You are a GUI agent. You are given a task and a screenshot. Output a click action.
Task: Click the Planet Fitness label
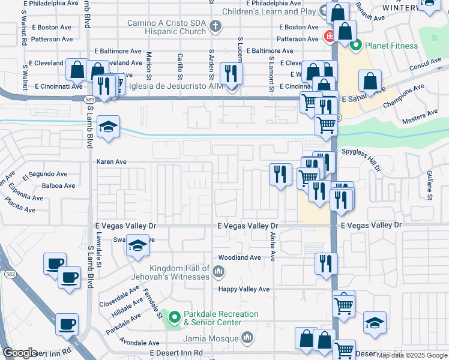click(392, 46)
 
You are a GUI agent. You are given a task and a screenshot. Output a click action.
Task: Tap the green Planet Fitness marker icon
click(355, 44)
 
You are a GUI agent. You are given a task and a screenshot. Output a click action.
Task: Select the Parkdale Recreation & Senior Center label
click(221, 318)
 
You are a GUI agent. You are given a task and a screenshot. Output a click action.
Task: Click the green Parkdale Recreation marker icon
click(175, 317)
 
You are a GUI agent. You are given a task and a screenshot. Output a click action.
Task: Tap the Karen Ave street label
click(112, 162)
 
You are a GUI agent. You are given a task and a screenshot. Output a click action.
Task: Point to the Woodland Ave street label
click(240, 257)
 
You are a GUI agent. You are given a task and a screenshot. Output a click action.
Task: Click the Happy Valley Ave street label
click(243, 289)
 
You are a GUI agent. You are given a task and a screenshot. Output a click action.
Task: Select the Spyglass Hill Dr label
click(361, 152)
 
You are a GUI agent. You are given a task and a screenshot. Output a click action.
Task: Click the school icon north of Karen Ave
click(108, 127)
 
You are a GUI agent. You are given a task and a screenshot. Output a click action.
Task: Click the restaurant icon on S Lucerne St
click(231, 74)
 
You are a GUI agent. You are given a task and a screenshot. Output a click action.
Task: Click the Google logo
click(20, 353)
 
